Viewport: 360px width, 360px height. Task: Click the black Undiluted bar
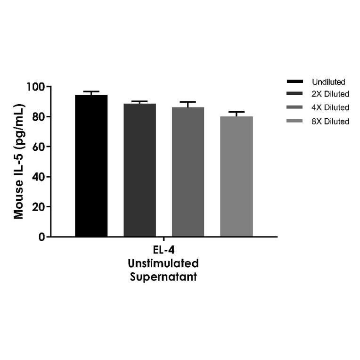click(x=91, y=165)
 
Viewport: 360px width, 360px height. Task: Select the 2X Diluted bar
click(x=140, y=170)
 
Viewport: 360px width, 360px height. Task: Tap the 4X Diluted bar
click(x=188, y=172)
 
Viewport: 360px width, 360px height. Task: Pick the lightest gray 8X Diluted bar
click(x=237, y=176)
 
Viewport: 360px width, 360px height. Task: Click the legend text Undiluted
click(x=328, y=82)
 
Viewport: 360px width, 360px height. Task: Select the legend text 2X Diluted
click(x=330, y=94)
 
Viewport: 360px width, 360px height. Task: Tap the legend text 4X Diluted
click(x=330, y=107)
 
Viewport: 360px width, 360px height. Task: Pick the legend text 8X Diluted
click(x=330, y=122)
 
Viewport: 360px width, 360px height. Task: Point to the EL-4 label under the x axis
click(x=164, y=250)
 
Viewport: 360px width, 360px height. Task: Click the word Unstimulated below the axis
click(x=164, y=263)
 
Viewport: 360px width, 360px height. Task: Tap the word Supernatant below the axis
click(x=164, y=277)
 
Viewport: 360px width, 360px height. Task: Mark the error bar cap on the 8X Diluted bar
click(x=237, y=112)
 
